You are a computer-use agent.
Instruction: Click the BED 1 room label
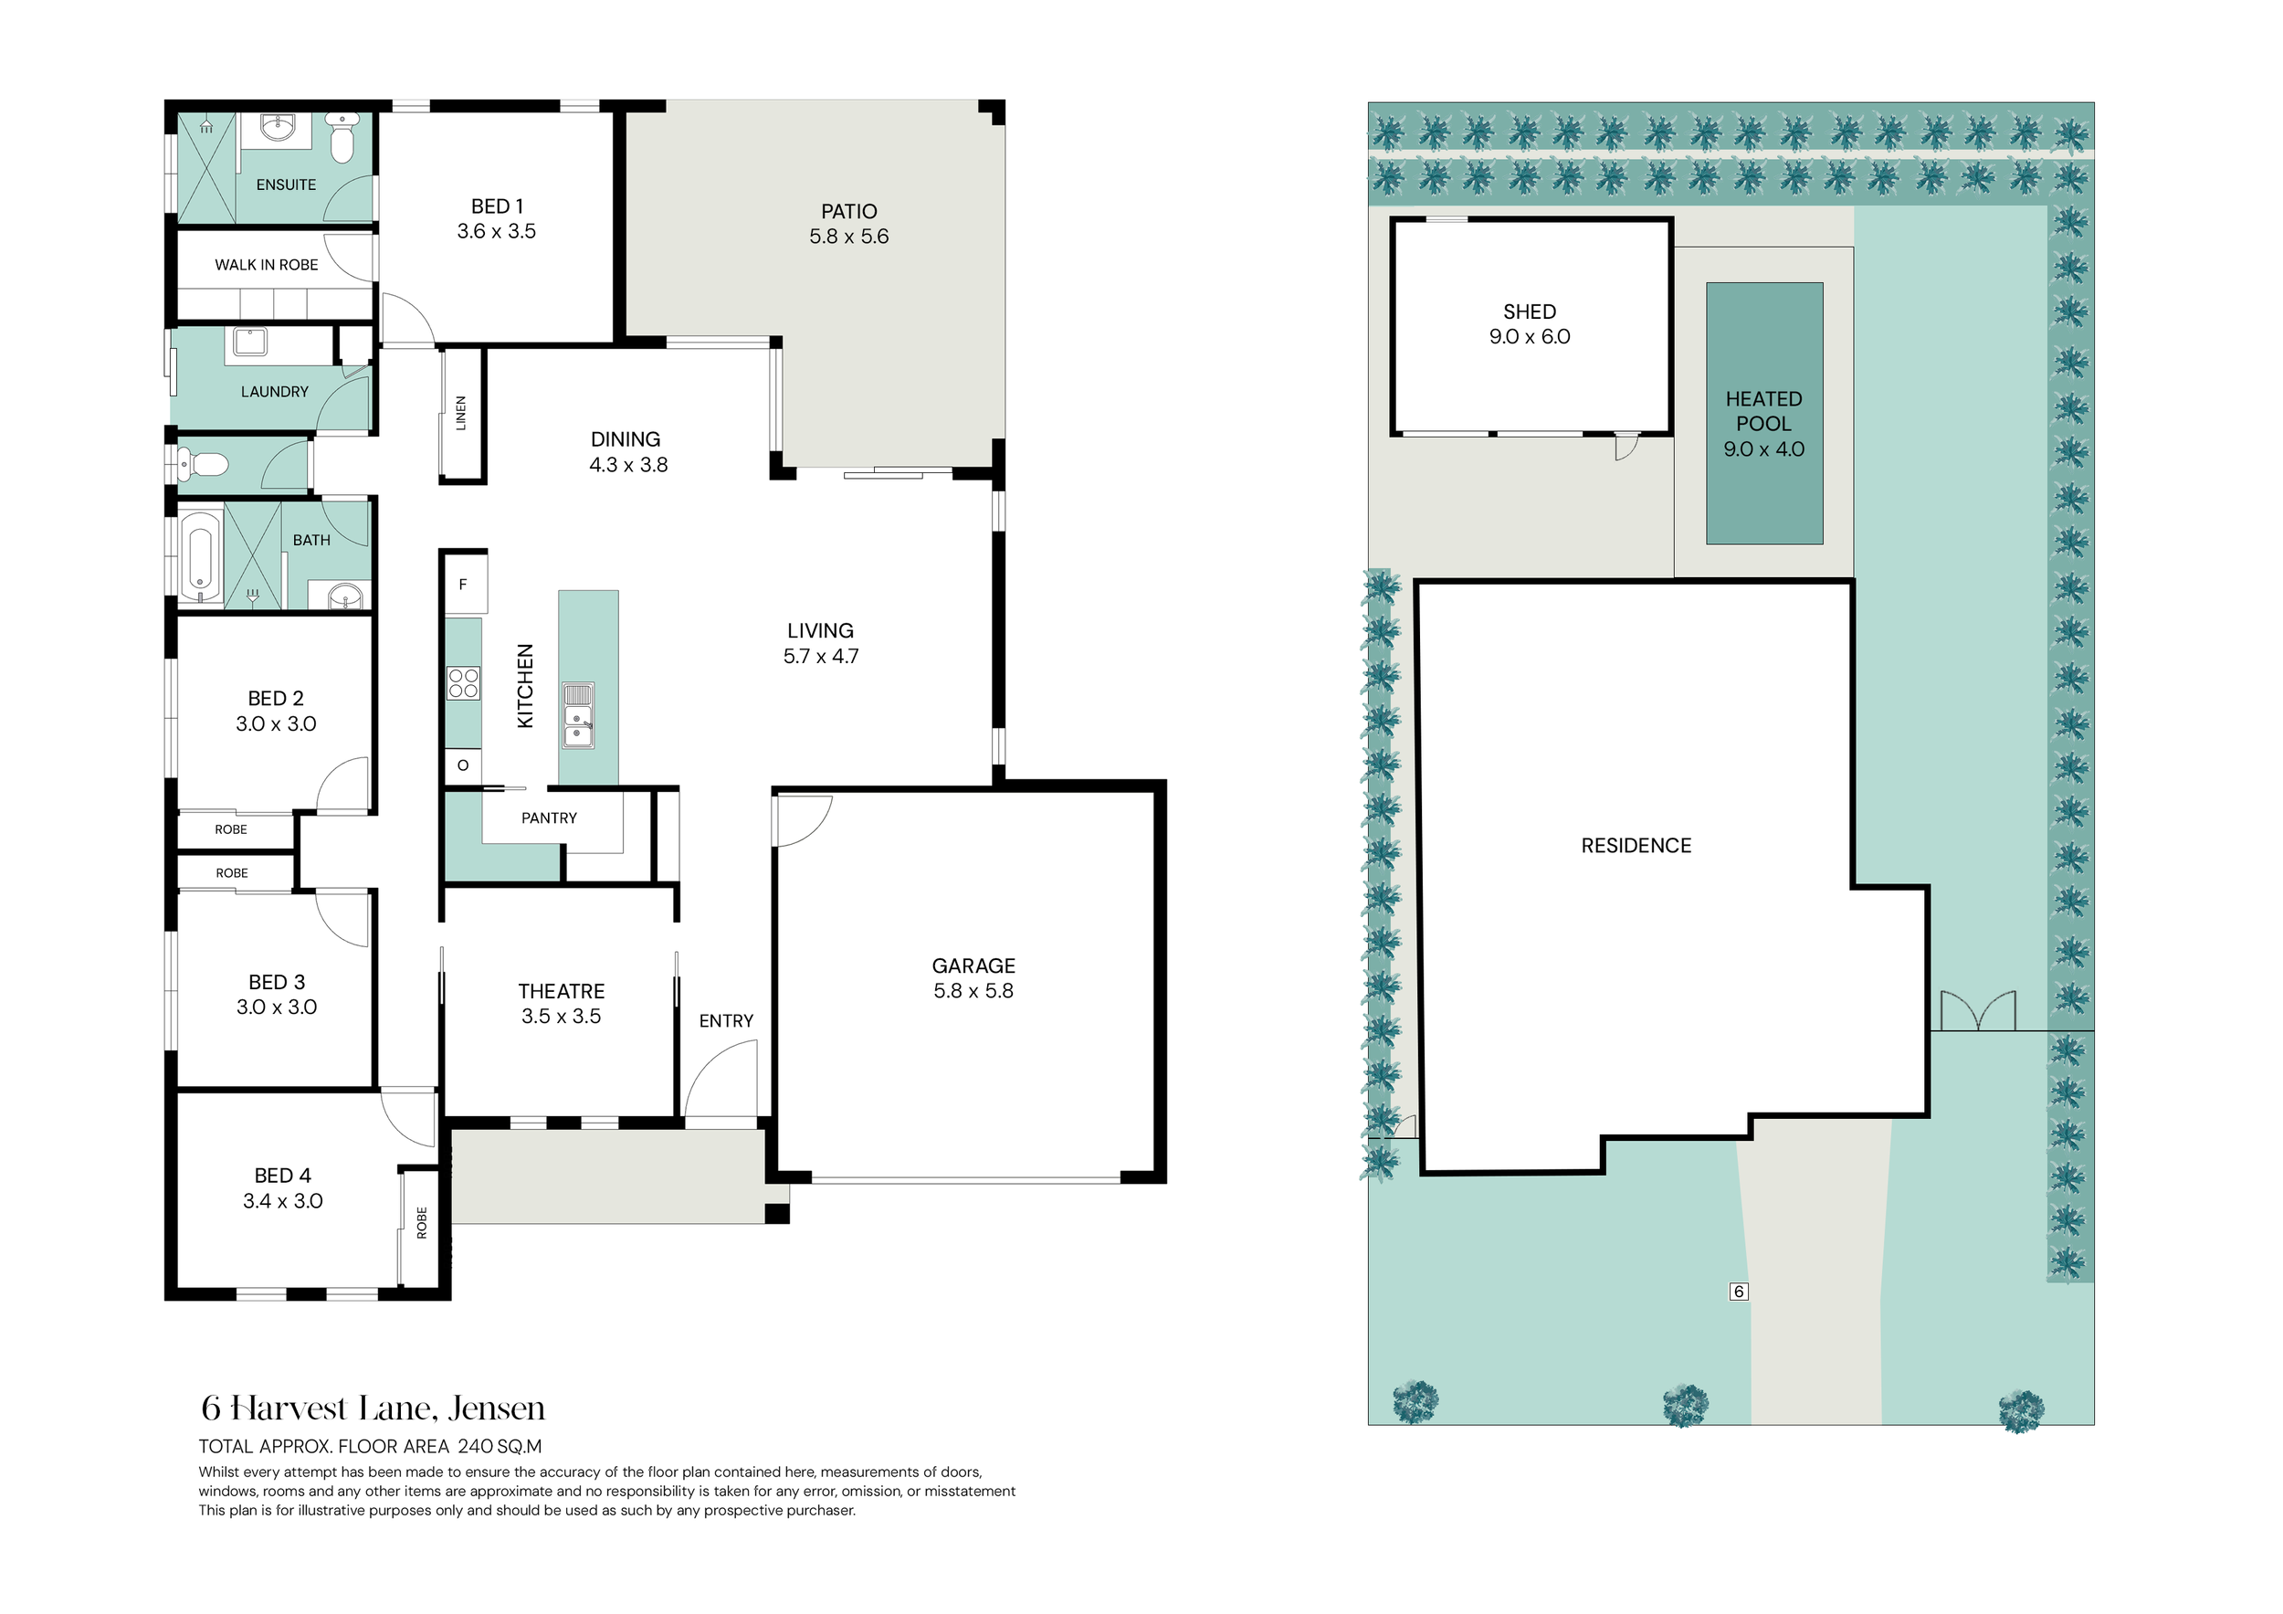[x=497, y=206]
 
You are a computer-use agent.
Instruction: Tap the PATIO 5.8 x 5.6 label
[x=849, y=224]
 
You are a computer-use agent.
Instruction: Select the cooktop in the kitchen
[x=463, y=683]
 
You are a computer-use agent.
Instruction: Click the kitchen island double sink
[x=578, y=714]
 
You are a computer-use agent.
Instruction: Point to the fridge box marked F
[x=463, y=585]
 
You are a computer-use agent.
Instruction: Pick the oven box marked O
[x=463, y=765]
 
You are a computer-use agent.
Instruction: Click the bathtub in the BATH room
[x=200, y=557]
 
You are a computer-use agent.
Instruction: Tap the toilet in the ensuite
[x=341, y=137]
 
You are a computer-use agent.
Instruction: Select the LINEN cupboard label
[x=460, y=413]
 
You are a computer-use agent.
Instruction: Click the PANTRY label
[x=549, y=818]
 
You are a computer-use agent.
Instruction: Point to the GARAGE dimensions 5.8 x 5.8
[x=973, y=991]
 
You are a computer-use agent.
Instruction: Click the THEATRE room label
[x=562, y=991]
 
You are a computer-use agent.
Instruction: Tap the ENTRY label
[x=726, y=1021]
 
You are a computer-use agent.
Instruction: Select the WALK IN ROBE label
[x=267, y=265]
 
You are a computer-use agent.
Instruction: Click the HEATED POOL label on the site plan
[x=1764, y=411]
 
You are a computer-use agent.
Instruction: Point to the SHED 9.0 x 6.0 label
[x=1531, y=324]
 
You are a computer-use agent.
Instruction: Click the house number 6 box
[x=1738, y=1292]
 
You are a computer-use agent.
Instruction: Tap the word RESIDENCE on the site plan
[x=1636, y=847]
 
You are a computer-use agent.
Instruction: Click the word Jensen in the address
[x=496, y=1409]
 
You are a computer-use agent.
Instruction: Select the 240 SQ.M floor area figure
[x=500, y=1447]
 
